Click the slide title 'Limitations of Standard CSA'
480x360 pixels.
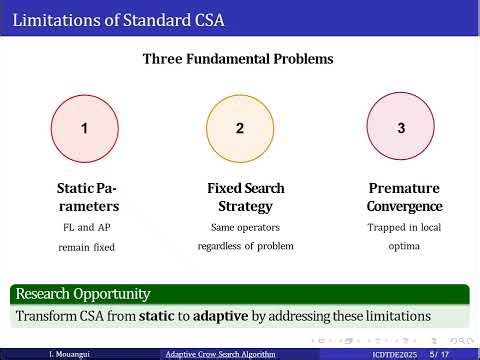pyautogui.click(x=109, y=20)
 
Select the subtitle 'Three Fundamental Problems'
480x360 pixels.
pyautogui.click(x=238, y=59)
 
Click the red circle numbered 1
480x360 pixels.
pyautogui.click(x=85, y=128)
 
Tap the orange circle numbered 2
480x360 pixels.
pyautogui.click(x=239, y=128)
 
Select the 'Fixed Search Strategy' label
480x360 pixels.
pyautogui.click(x=245, y=197)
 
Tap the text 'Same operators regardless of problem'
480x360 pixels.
pyautogui.click(x=245, y=236)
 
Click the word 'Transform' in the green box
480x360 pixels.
pyautogui.click(x=47, y=316)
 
